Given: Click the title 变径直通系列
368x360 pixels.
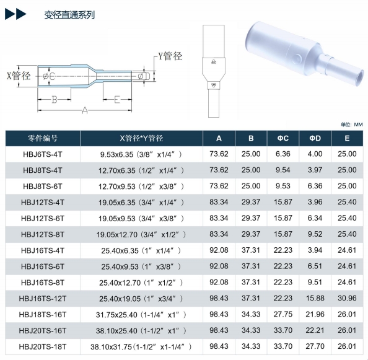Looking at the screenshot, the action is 69,15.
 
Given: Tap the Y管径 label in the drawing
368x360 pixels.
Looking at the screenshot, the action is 170,56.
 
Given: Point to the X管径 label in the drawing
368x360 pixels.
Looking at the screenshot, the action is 19,76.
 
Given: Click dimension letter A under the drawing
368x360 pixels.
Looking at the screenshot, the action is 85,110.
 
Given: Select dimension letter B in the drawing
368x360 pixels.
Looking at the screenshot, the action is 55,100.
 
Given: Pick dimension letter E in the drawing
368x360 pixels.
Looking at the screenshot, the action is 117,100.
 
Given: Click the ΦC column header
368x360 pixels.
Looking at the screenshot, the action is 283,138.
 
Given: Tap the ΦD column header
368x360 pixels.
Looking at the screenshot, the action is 315,138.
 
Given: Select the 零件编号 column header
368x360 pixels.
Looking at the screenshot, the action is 43,138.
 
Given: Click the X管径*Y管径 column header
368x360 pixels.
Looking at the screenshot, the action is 141,138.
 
